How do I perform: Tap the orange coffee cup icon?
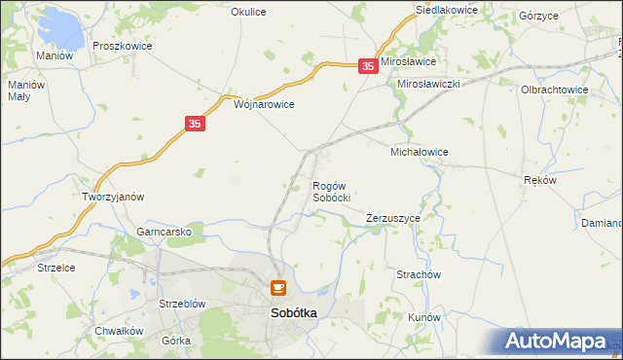(x=277, y=289)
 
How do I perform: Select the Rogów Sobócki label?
(x=331, y=191)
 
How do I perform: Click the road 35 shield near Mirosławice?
(x=367, y=65)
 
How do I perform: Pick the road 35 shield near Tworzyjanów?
(x=195, y=124)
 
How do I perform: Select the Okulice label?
(x=248, y=12)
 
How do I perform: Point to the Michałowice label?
(x=419, y=152)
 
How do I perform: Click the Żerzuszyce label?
(x=393, y=218)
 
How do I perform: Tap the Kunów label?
(x=425, y=317)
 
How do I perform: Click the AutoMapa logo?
(x=556, y=342)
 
